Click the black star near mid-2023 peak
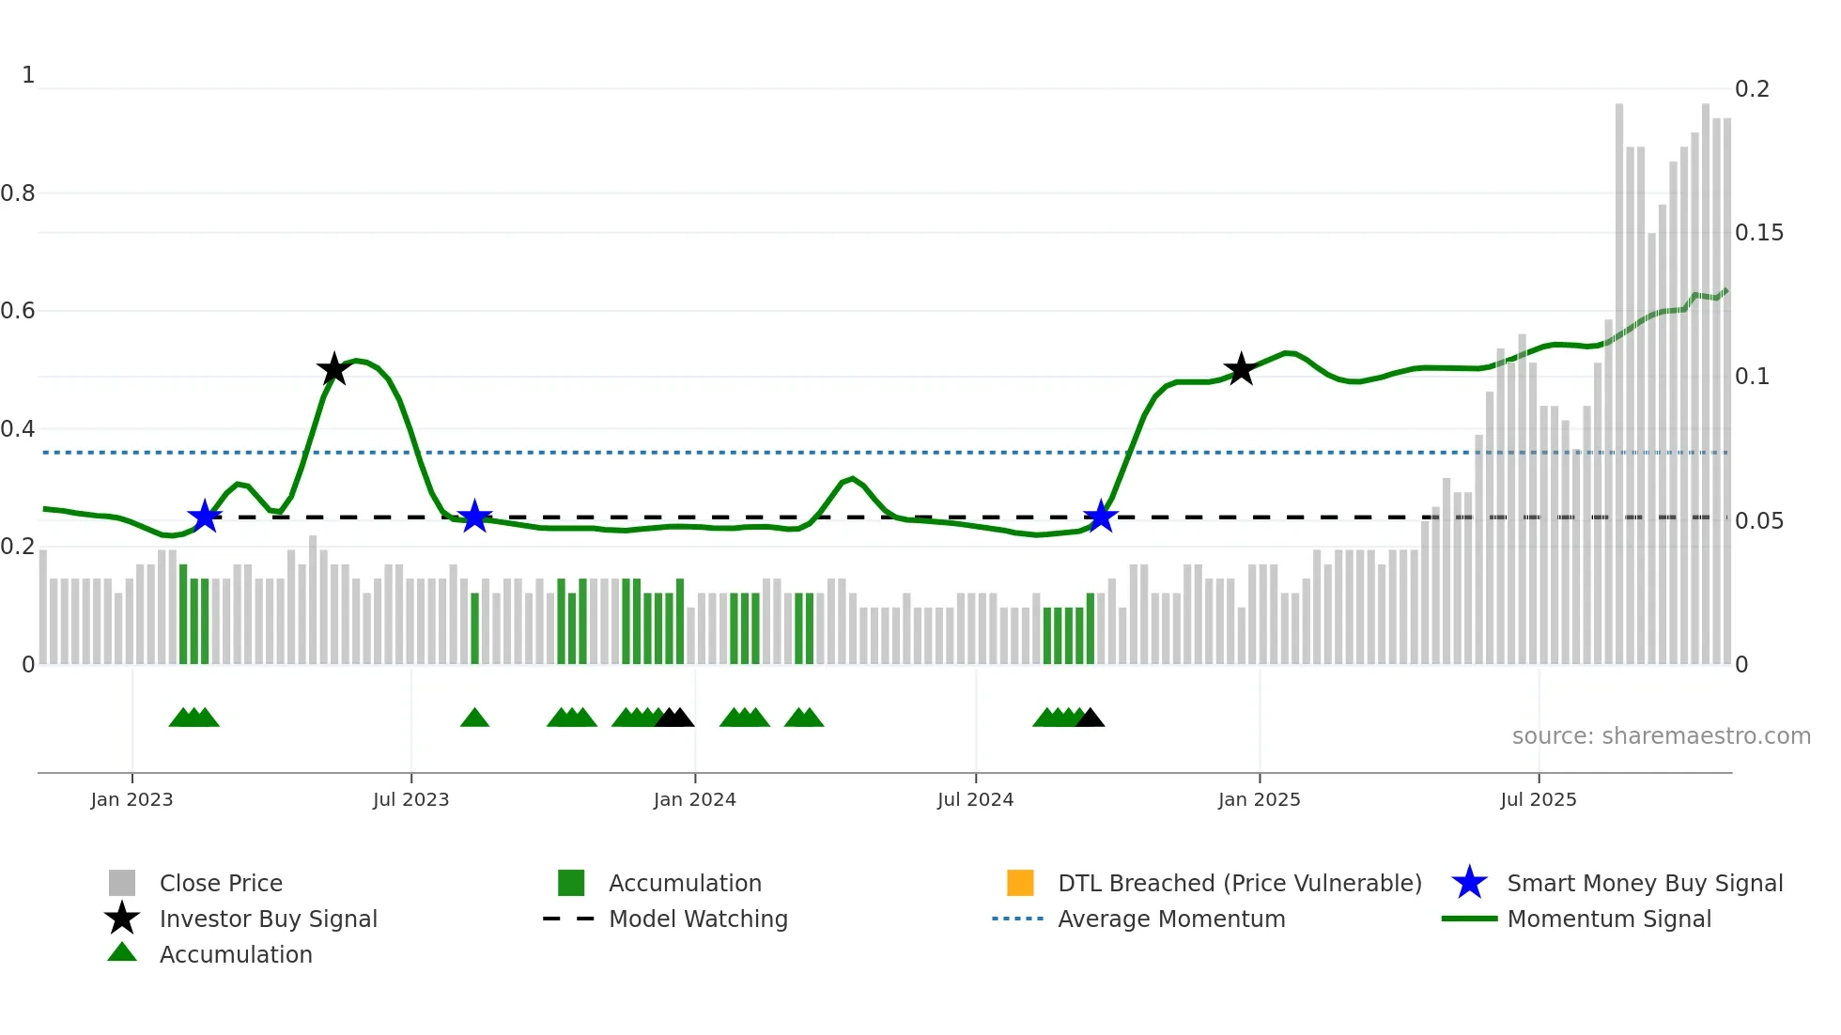(333, 369)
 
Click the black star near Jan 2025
(1241, 369)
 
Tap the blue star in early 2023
(204, 517)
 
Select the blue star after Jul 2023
(474, 517)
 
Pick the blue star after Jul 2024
(1100, 517)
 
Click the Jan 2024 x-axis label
(694, 799)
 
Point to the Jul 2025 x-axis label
(1538, 799)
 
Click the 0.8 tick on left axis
(18, 193)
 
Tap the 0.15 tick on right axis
(1758, 233)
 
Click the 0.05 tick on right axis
(1758, 521)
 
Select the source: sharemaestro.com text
(1661, 736)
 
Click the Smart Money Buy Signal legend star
(1469, 883)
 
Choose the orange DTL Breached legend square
(1020, 883)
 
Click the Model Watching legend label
(698, 919)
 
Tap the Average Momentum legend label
(1171, 919)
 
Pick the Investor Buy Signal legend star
(122, 919)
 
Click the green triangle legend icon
(122, 952)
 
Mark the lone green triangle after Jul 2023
(474, 718)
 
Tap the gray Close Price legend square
(122, 883)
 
